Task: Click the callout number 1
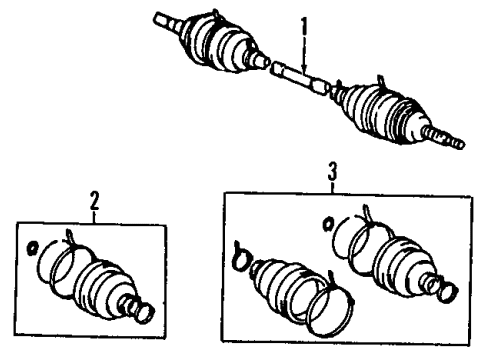(x=305, y=19)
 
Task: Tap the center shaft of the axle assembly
(x=296, y=78)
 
